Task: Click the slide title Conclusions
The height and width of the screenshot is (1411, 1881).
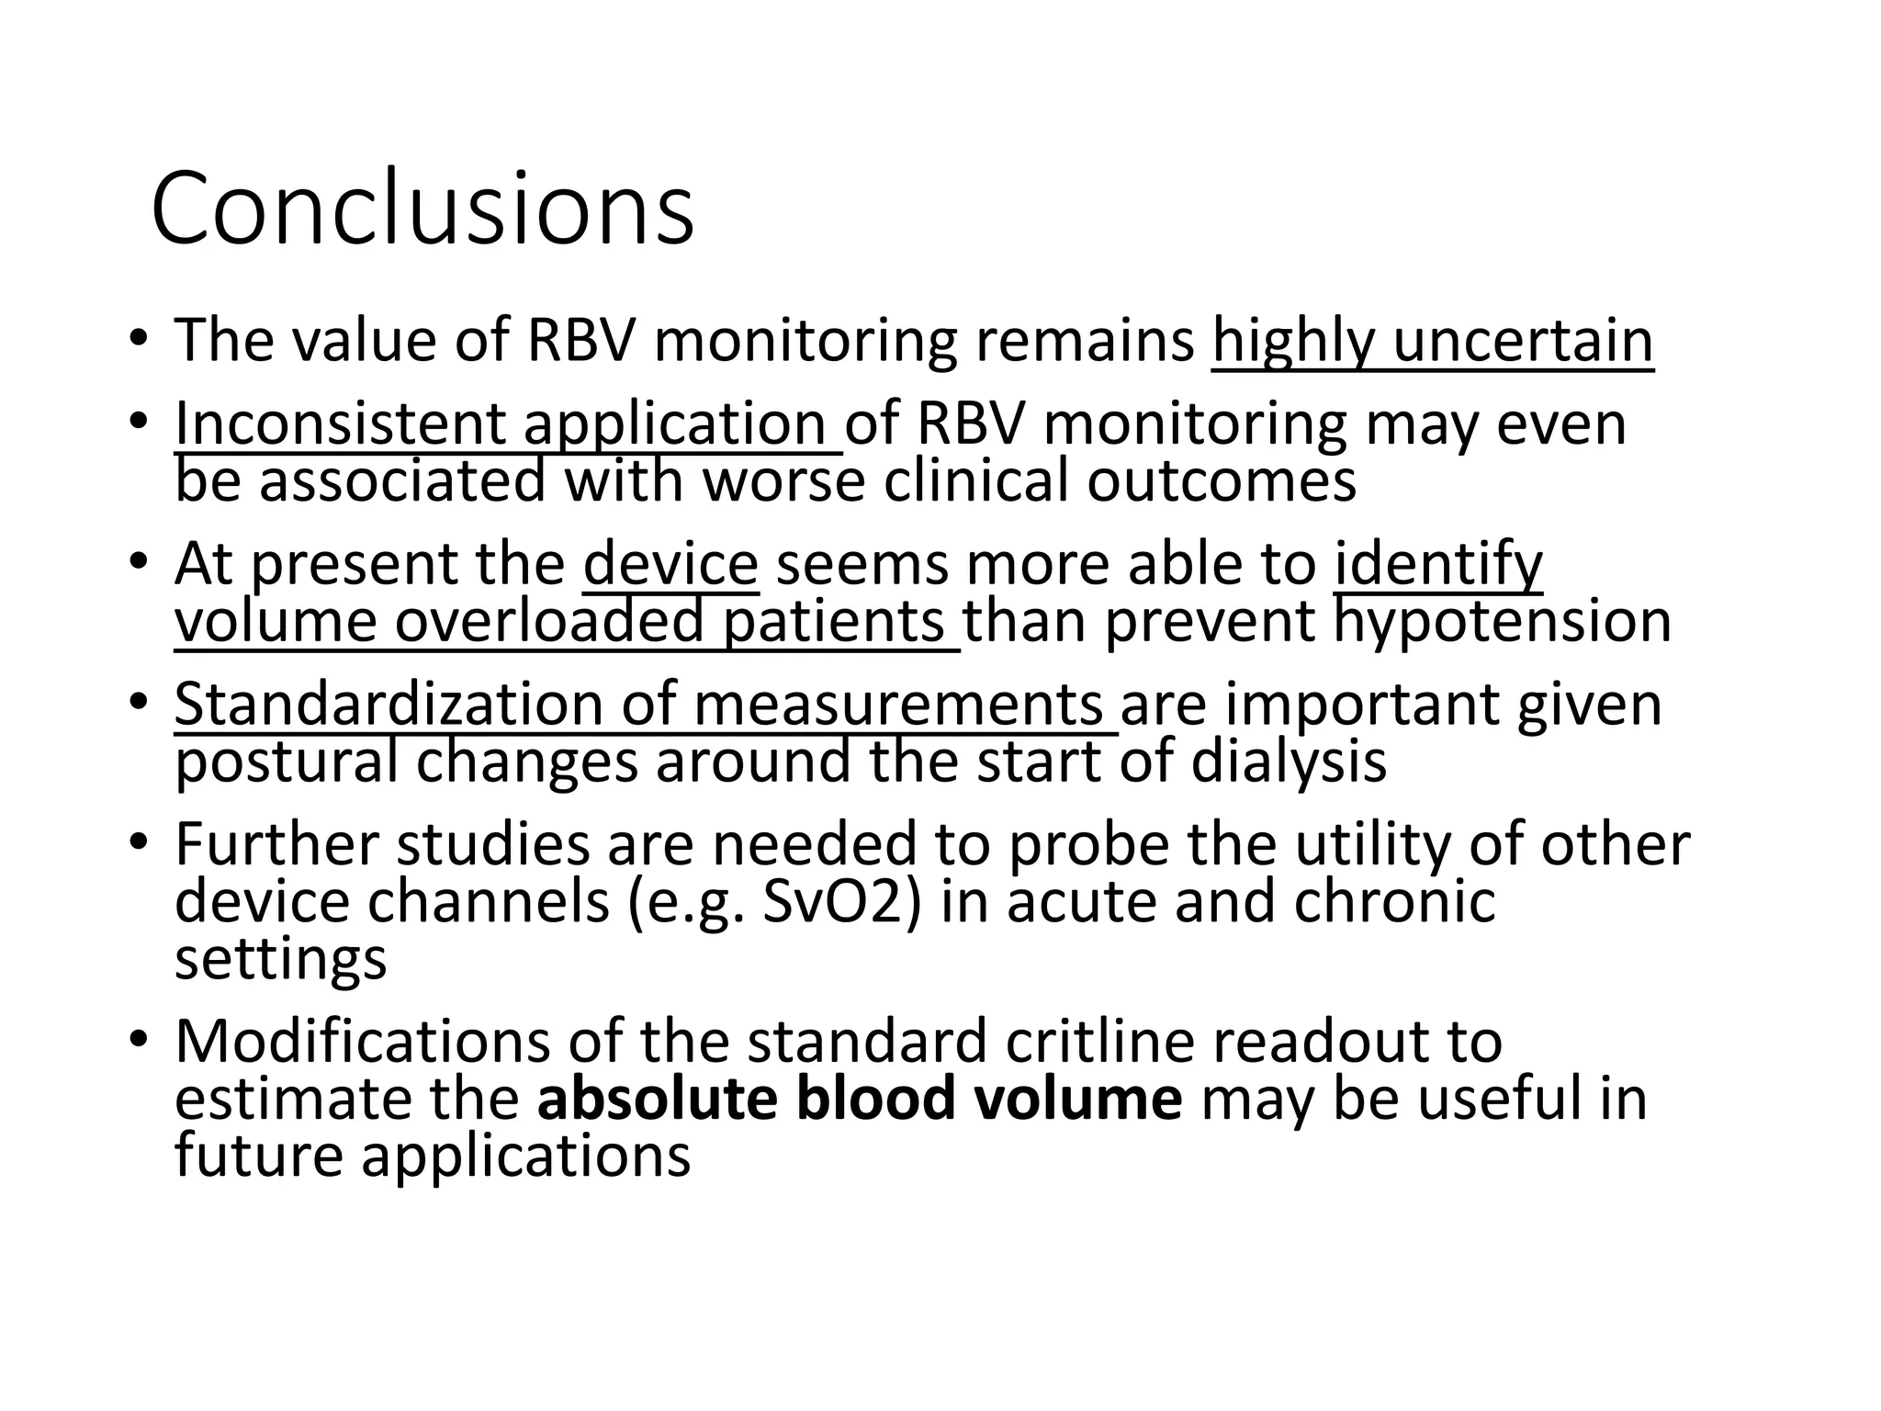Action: [422, 209]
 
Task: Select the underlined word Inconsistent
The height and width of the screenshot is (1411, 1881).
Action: [340, 424]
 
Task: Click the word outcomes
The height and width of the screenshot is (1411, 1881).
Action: [1222, 480]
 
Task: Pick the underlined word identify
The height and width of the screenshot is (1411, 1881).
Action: [1438, 564]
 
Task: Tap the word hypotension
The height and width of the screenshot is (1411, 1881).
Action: [1502, 621]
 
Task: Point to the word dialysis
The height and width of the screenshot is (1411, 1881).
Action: [1289, 762]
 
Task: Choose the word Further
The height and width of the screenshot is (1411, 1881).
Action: [276, 844]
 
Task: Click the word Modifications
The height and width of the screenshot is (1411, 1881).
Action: [362, 1041]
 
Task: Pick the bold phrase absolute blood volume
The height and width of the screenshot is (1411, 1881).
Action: [860, 1099]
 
